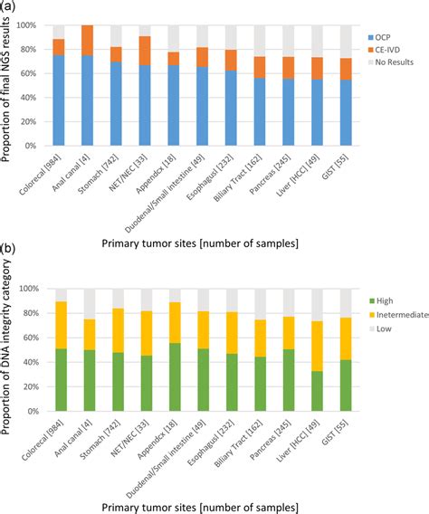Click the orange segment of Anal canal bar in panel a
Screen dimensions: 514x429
click(88, 41)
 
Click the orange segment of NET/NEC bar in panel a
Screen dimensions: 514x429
click(145, 51)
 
